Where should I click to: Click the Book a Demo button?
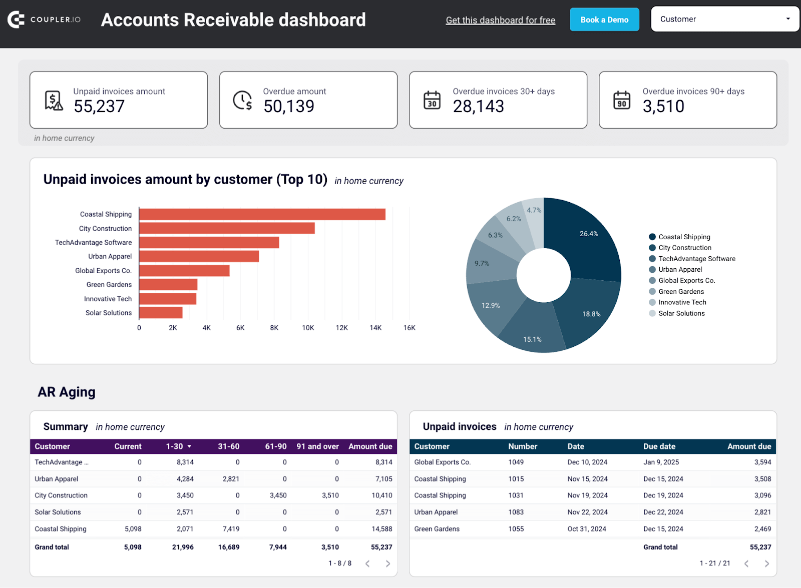coord(604,20)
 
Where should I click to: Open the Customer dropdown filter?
coord(724,19)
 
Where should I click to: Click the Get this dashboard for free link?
coord(500,20)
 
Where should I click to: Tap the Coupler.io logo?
coord(44,20)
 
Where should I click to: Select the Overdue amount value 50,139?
coord(289,106)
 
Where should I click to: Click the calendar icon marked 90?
coord(622,100)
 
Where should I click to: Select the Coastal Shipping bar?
coord(262,214)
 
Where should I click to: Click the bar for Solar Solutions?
coord(161,313)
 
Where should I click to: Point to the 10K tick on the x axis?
coord(308,328)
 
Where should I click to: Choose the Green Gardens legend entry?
coord(681,292)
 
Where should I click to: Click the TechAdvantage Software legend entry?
coord(696,259)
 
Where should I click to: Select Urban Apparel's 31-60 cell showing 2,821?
coord(231,479)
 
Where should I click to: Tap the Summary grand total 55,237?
coord(381,547)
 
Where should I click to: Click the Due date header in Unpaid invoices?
coord(659,446)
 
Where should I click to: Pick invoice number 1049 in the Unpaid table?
coord(516,462)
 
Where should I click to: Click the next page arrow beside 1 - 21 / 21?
coord(767,563)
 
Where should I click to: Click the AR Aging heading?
coord(67,392)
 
